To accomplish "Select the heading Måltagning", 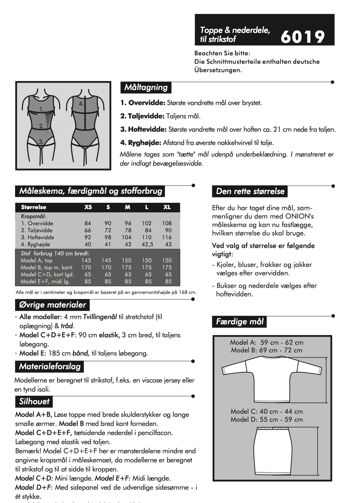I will (x=146, y=87).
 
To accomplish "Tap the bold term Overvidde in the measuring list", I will (x=147, y=103).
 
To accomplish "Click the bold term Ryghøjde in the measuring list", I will (x=144, y=143).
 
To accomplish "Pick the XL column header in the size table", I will (x=167, y=207).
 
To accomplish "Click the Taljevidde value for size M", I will (x=128, y=230).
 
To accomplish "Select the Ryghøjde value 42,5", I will (x=147, y=244).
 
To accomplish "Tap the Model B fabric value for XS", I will (x=86, y=267).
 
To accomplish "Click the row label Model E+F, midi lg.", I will (x=45, y=281).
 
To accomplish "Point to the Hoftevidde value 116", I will (x=167, y=237).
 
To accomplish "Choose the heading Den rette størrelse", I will (x=250, y=191).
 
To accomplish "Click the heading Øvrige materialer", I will (x=53, y=305).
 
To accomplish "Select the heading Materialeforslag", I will (x=50, y=367).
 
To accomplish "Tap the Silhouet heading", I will (x=34, y=401).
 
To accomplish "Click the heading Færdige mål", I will (x=240, y=322).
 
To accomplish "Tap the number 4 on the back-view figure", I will (x=81, y=104).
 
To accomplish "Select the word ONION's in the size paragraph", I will (x=299, y=216).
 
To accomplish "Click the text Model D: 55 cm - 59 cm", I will (x=266, y=419).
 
